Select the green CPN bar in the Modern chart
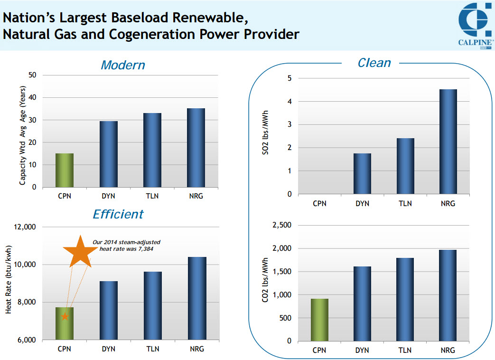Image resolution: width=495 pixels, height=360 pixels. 65,170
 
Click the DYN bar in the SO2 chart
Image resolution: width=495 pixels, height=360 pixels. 363,173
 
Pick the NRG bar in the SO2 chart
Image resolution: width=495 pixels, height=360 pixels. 448,142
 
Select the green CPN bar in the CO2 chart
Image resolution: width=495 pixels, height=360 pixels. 319,320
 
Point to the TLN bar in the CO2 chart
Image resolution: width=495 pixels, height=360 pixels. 405,299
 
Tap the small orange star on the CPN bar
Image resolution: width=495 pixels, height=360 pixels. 65,316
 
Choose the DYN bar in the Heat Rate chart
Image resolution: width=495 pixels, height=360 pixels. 109,310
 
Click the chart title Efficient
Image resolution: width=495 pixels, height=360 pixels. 118,214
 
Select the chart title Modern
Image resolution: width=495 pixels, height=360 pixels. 122,65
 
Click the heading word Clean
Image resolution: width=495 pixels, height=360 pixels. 374,63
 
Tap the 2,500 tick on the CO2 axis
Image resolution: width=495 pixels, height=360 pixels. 281,225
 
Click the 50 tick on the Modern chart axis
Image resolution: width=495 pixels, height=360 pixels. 32,75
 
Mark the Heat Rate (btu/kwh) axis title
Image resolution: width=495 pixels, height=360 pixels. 9,283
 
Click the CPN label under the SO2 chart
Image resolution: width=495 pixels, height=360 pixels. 319,203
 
